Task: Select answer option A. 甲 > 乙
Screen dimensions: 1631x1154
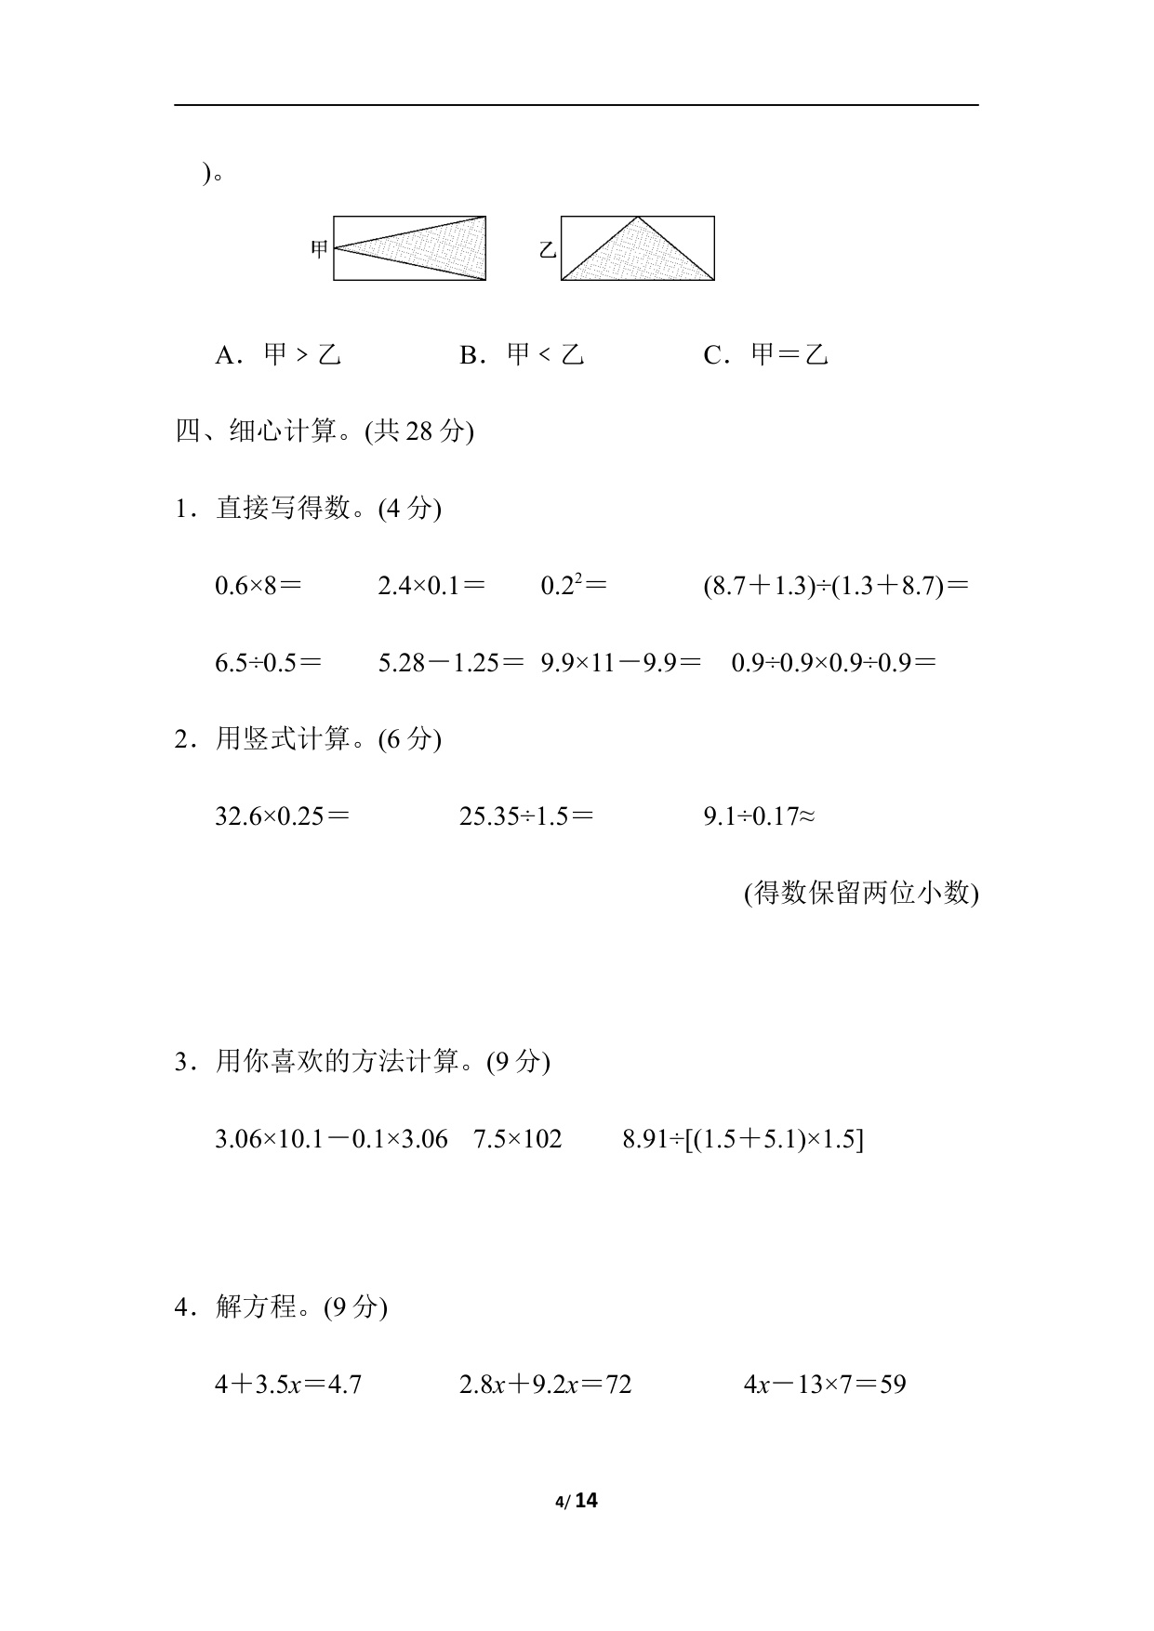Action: pyautogui.click(x=278, y=355)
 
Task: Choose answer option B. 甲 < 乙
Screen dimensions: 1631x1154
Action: pyautogui.click(x=522, y=355)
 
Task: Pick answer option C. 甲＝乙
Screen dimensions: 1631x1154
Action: pyautogui.click(x=765, y=355)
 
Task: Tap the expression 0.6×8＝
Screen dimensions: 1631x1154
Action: pyautogui.click(x=258, y=586)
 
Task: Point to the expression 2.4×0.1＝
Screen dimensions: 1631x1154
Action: pyautogui.click(x=431, y=586)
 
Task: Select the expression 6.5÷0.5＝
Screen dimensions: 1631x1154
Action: pyautogui.click(x=268, y=663)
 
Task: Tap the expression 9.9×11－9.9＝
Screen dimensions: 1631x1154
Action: pyautogui.click(x=621, y=663)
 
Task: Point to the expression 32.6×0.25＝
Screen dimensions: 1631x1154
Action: pyautogui.click(x=282, y=816)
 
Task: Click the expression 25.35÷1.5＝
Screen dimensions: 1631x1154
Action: pyautogui.click(x=526, y=816)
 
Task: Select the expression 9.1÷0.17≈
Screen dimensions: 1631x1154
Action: pyautogui.click(x=760, y=816)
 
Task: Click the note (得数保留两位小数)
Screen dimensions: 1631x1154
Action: pyautogui.click(x=860, y=894)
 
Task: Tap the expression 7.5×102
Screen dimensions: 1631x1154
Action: pyautogui.click(x=518, y=1139)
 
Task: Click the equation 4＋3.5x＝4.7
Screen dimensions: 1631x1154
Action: pyautogui.click(x=288, y=1385)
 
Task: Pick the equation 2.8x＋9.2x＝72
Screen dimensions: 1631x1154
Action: pyautogui.click(x=546, y=1385)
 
